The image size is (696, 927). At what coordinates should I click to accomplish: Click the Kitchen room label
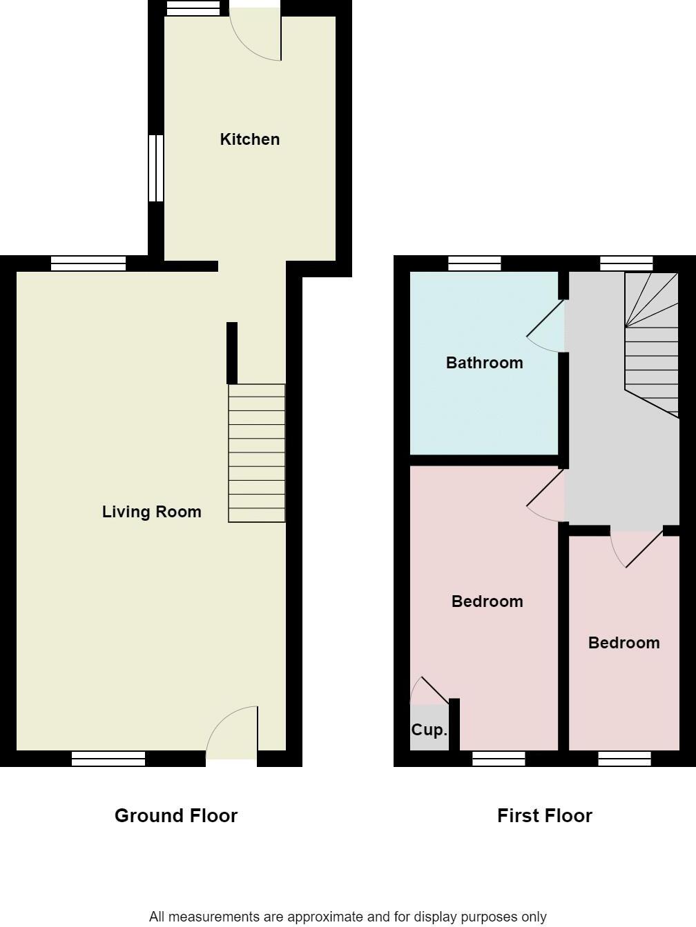click(x=249, y=139)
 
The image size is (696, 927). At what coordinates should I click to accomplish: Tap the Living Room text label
click(x=151, y=512)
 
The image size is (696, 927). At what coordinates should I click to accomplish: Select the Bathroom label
click(x=484, y=363)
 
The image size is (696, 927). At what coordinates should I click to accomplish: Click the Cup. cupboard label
click(x=429, y=730)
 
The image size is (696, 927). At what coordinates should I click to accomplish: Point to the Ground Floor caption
click(x=176, y=816)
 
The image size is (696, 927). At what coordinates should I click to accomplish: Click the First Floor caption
click(x=544, y=816)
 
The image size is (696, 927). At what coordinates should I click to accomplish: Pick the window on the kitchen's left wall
click(x=156, y=168)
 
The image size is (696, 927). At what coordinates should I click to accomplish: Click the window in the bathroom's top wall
click(x=474, y=263)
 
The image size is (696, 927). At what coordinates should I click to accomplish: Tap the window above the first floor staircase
click(x=626, y=263)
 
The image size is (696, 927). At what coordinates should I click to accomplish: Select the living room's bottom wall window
click(x=108, y=759)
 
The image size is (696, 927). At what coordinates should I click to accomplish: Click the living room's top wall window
click(x=88, y=263)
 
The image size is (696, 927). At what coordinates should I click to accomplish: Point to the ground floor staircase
click(x=257, y=452)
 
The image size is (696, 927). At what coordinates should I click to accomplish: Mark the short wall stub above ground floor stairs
click(x=232, y=352)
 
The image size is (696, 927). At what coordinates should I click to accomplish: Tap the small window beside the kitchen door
click(x=193, y=8)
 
